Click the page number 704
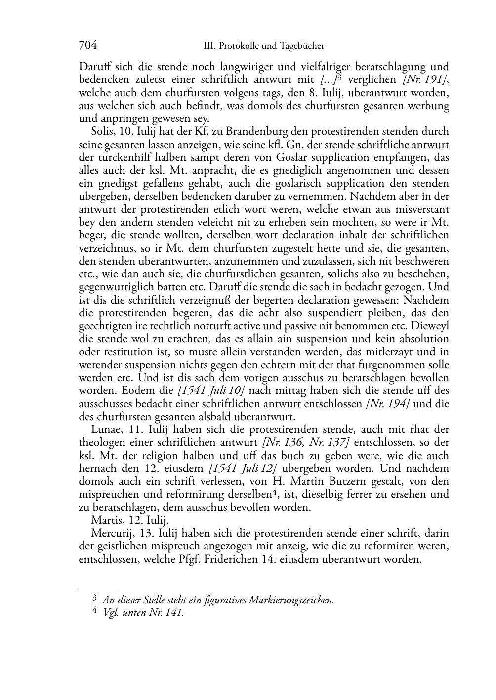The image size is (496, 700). point(88,46)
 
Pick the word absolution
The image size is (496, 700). point(425,339)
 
